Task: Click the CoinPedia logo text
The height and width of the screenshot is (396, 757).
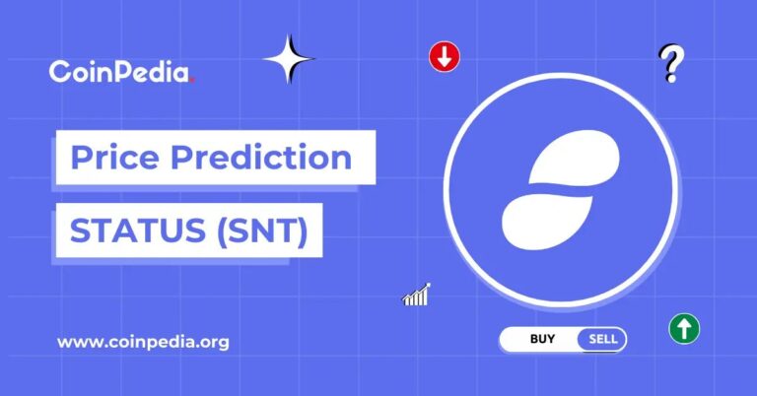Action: (121, 71)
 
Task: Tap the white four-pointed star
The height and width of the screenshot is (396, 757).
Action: (289, 59)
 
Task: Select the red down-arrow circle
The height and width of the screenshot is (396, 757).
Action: (445, 57)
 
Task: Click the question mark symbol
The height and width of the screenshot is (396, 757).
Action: (671, 63)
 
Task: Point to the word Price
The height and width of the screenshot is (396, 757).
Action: (114, 157)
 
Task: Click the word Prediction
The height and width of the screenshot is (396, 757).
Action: (261, 157)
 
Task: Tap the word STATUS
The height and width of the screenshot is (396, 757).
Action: (138, 231)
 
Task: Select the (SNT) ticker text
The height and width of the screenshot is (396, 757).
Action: (262, 231)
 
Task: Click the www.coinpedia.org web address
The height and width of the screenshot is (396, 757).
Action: (143, 342)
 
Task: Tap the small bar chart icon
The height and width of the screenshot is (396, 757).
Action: (416, 295)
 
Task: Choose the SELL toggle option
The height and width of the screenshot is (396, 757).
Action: (602, 339)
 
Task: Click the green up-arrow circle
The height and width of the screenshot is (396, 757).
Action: (684, 329)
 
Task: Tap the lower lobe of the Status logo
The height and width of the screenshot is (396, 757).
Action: (546, 223)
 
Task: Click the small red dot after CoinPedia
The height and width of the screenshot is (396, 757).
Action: (192, 80)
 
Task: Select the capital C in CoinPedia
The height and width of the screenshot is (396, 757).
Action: (59, 72)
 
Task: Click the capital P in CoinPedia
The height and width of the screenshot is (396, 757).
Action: (125, 71)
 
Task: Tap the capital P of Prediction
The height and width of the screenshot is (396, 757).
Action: (181, 157)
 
